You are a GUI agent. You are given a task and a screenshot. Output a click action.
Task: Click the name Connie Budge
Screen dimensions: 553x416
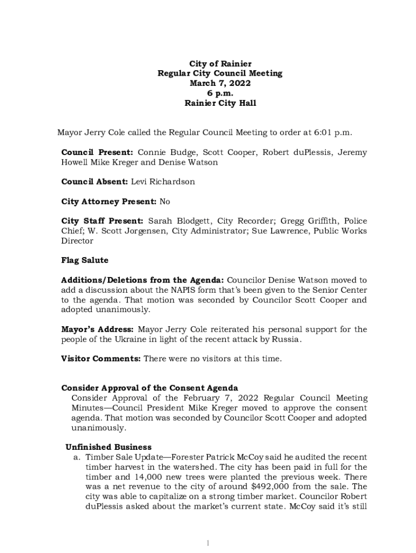(x=163, y=153)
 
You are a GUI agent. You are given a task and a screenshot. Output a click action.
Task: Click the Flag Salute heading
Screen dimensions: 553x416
(x=85, y=260)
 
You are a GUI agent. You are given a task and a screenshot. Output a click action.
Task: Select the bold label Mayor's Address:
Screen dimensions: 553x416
(x=98, y=329)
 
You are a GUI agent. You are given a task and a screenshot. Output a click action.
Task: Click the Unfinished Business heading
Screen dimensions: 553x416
(x=109, y=447)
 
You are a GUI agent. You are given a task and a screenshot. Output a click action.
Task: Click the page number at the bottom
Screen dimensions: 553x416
(x=208, y=542)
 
